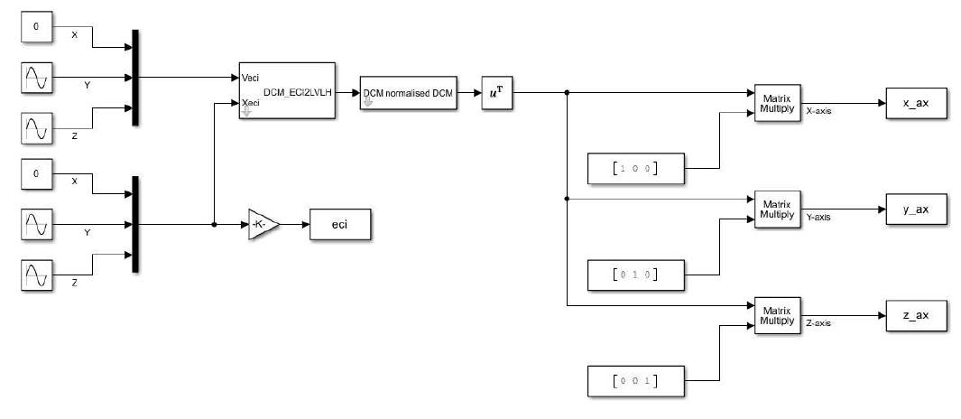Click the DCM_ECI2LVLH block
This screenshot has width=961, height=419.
[x=286, y=91]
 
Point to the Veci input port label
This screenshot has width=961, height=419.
[x=252, y=78]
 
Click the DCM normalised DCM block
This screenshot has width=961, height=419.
[x=407, y=92]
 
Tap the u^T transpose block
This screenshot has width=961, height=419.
[x=496, y=92]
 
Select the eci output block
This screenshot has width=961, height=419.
[x=339, y=225]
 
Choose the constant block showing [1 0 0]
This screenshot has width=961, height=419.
[x=634, y=168]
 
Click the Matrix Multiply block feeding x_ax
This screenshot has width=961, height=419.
[x=776, y=103]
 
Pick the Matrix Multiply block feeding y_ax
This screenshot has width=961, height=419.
[x=776, y=209]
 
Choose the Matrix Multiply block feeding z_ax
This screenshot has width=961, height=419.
[x=776, y=316]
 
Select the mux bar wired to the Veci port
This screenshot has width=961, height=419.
[x=135, y=77]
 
